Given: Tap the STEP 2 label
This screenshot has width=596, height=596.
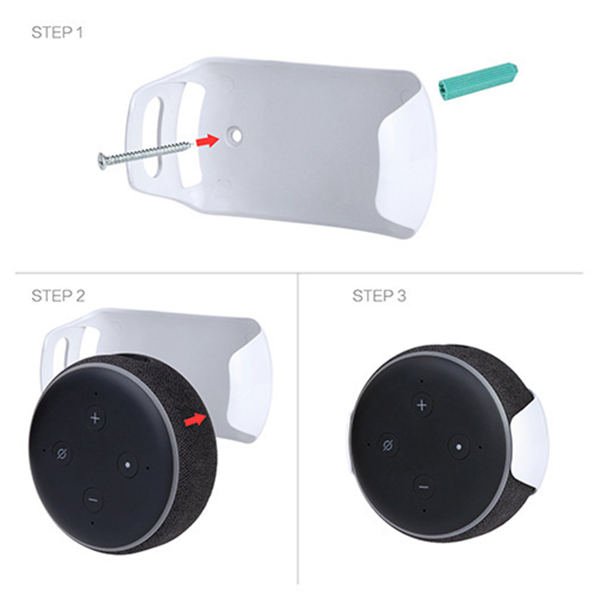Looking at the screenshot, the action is point(58,296).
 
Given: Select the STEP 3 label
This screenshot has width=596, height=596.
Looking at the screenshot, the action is point(379,296).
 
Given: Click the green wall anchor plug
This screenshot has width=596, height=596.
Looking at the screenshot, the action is point(478,82).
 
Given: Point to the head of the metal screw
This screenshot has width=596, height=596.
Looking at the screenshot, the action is point(102,161).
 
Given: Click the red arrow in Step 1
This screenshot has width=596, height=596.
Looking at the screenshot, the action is point(208,141).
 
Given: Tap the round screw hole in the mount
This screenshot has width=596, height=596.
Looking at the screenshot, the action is point(235,135).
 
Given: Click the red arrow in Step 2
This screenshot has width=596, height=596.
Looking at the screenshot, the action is point(195,419).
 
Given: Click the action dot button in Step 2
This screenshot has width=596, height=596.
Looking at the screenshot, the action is point(127,464).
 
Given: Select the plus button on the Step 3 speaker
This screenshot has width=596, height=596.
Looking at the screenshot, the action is point(422,405).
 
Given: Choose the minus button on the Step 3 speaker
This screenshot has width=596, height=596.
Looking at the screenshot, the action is point(424,487).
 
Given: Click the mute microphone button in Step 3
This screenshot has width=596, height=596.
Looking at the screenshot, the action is point(388,445).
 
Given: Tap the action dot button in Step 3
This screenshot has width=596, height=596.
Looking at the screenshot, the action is point(458,447).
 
